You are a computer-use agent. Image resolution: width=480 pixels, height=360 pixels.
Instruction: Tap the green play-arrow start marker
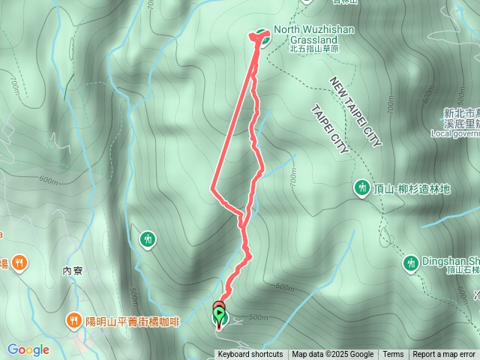coord(219,313)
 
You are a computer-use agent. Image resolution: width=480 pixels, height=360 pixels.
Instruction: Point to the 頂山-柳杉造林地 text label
coord(412,189)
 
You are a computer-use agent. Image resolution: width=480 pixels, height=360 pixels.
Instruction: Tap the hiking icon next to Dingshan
coord(410,262)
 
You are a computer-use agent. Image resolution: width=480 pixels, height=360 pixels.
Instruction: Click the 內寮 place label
coord(72,271)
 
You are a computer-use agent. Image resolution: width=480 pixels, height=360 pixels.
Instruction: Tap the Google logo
coord(28,349)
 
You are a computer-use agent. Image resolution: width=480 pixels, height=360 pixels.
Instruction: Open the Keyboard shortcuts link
coord(250,355)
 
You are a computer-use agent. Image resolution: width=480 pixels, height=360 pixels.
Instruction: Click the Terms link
coord(393,355)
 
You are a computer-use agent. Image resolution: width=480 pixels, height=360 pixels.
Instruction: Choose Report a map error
coord(444,355)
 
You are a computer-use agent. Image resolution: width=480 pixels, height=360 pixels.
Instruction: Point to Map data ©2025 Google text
coord(333,355)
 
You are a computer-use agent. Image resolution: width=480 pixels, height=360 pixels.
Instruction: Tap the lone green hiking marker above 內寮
coord(148,239)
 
